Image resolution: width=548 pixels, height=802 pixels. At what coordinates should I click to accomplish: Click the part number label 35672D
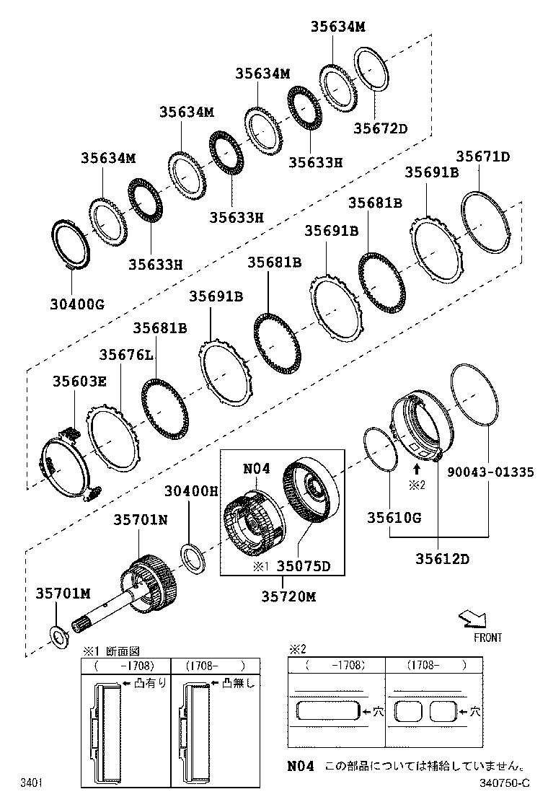(380, 128)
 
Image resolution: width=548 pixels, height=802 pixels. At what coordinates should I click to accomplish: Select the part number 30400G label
(77, 304)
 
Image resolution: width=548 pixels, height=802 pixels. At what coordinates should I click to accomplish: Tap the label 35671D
(482, 157)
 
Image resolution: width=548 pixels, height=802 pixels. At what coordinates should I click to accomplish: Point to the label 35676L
(126, 354)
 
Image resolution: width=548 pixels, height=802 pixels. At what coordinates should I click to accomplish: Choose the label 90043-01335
(490, 472)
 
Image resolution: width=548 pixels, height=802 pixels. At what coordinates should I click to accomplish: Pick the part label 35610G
(394, 517)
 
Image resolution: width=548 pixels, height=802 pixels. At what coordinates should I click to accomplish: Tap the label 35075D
(304, 566)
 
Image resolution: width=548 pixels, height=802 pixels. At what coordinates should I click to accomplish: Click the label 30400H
(190, 491)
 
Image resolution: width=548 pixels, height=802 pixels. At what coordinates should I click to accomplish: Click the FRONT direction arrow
(473, 619)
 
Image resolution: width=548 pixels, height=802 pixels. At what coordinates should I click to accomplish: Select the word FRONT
(487, 638)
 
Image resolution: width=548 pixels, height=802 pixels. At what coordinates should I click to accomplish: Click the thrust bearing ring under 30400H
(193, 558)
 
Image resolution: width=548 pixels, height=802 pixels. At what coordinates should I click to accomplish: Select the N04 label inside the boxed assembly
(256, 469)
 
